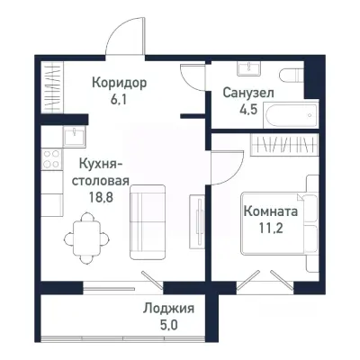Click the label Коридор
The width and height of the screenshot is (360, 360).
point(120,83)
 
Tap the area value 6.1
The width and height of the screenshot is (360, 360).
point(120,101)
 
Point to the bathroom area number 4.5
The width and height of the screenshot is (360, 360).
point(247,111)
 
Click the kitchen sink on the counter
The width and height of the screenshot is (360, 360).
point(71,136)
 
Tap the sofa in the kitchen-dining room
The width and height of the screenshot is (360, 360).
point(148,221)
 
